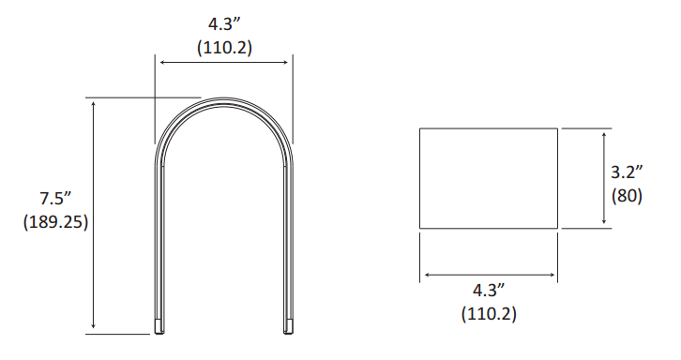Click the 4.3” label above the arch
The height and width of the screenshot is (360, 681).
(x=224, y=24)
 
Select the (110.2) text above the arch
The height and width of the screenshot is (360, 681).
(x=224, y=47)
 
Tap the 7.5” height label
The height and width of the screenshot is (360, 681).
(x=55, y=199)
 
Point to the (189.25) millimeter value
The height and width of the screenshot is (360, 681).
(x=55, y=222)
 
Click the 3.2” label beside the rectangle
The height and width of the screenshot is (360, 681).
(x=627, y=172)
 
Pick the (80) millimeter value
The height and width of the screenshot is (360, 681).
(x=627, y=196)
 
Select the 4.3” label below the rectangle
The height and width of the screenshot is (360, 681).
(x=489, y=290)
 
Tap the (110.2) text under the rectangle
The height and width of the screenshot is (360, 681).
(x=489, y=313)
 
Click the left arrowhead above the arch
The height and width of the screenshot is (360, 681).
(x=163, y=63)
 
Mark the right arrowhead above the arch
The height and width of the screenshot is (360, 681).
(x=285, y=63)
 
